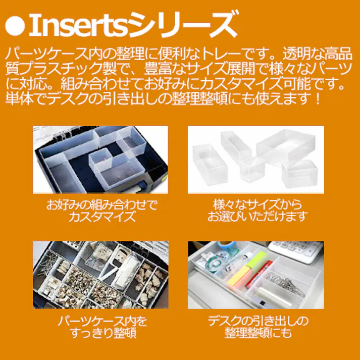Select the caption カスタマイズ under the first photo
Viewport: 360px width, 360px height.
click(102, 217)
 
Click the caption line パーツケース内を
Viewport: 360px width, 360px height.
click(102, 321)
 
